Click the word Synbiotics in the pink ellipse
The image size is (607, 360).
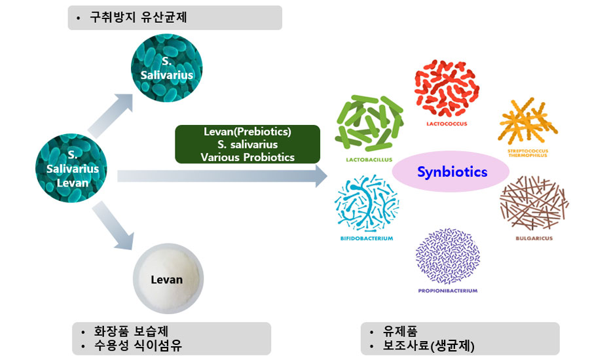[452, 172]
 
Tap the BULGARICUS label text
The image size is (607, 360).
[534, 238]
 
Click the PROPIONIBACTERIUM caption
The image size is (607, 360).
[448, 291]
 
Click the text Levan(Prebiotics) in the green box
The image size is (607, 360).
[247, 132]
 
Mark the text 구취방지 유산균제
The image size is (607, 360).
[139, 18]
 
